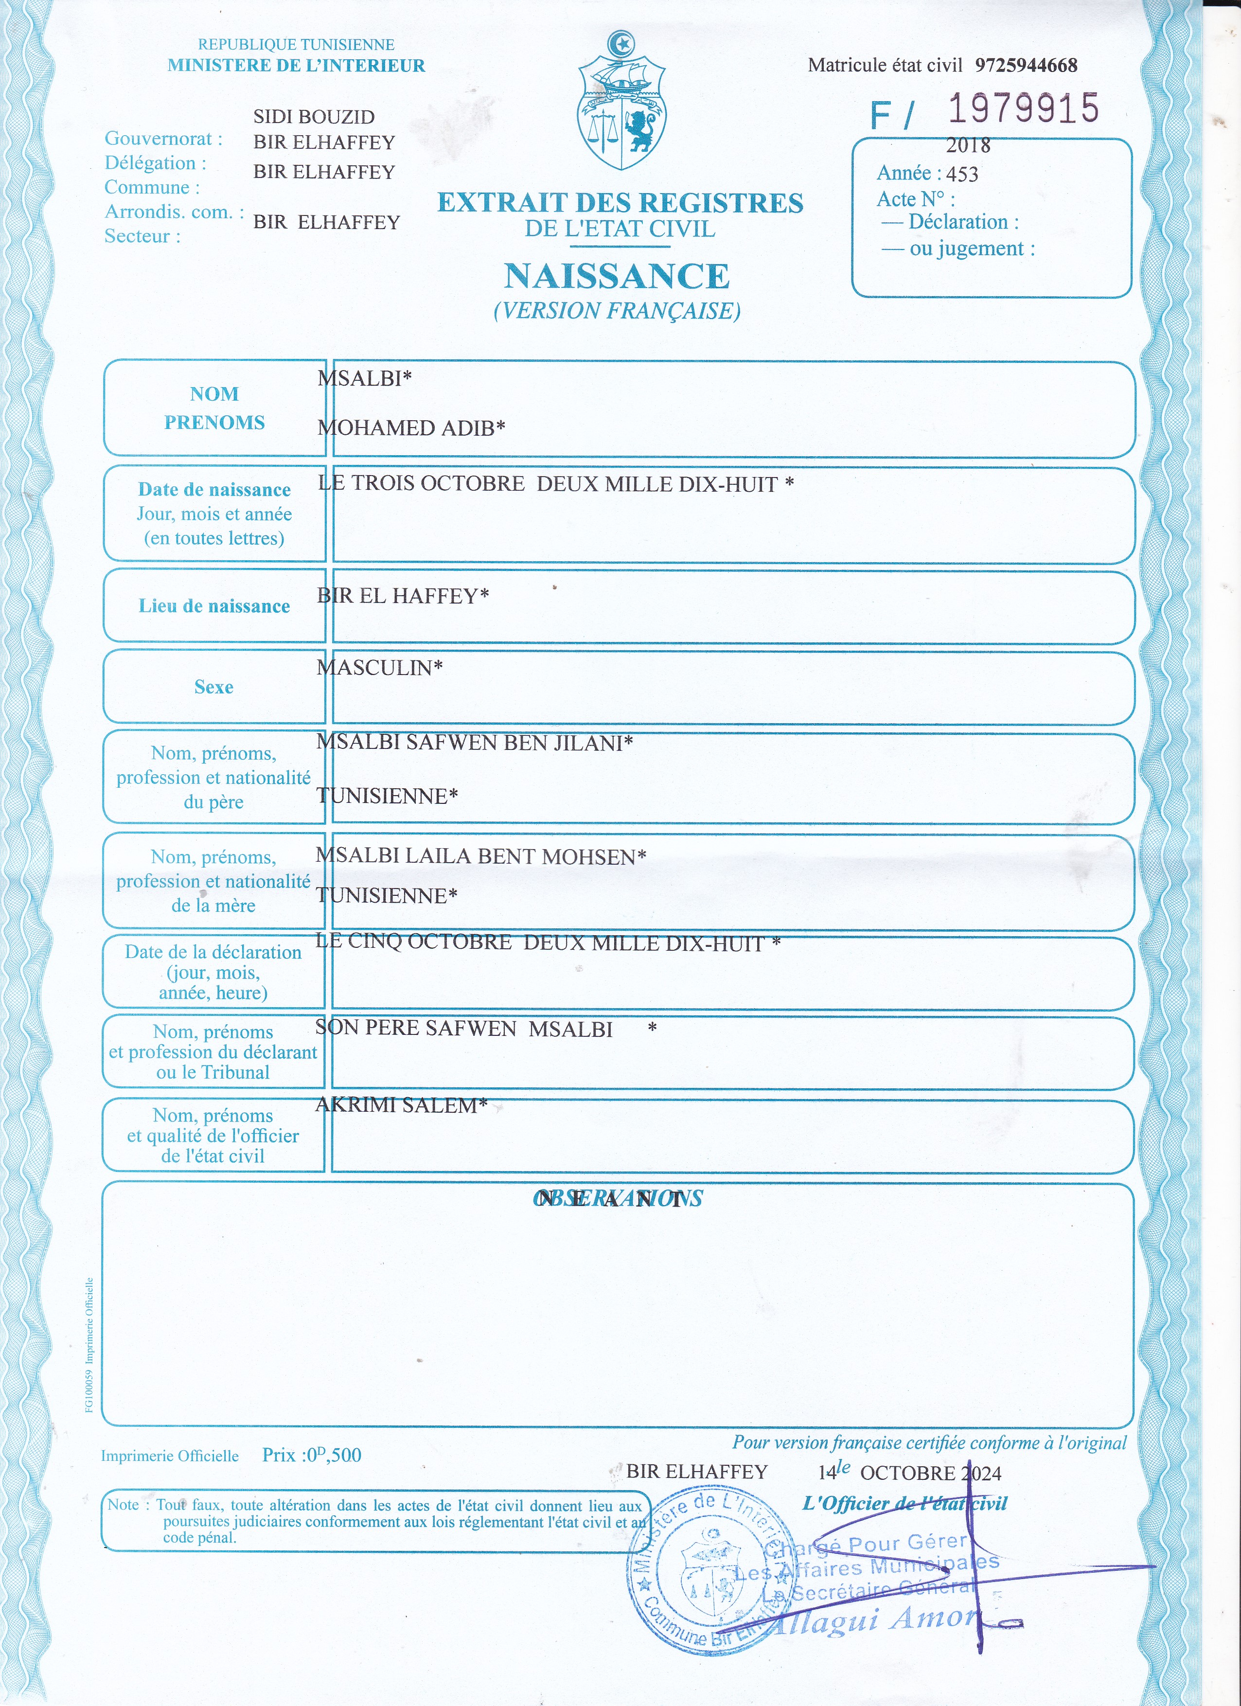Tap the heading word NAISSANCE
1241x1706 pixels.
point(617,276)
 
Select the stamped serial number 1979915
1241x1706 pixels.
point(1023,109)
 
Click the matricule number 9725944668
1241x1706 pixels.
point(1026,66)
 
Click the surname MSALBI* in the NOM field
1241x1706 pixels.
point(365,378)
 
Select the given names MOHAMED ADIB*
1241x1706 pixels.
point(410,428)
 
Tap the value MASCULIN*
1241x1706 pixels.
point(380,667)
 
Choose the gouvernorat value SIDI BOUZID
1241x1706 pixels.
point(314,117)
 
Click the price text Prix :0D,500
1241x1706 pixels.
point(311,1455)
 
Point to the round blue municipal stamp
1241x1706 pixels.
point(711,1572)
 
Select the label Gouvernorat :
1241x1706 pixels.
point(163,139)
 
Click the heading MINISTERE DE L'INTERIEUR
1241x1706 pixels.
point(296,66)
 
